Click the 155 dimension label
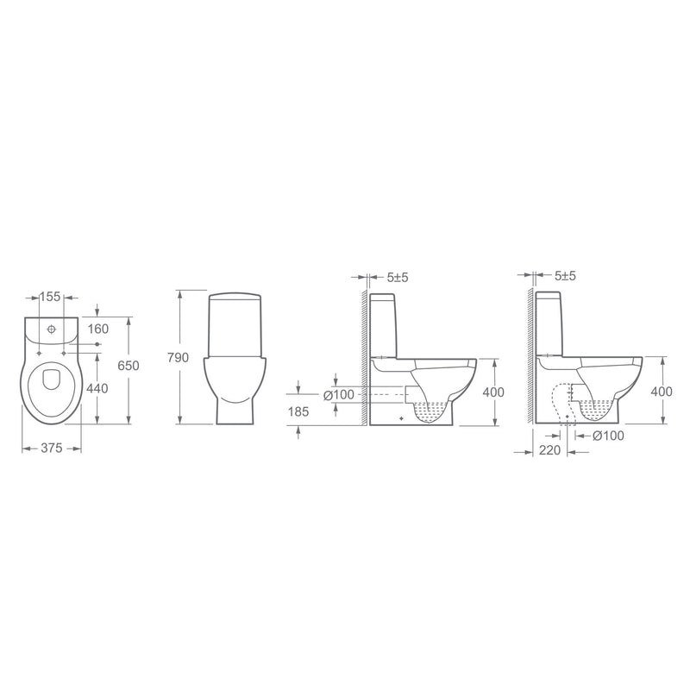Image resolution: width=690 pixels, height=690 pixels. click(50, 297)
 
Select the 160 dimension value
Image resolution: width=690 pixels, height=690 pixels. click(97, 329)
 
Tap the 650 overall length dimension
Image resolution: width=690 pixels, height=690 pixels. click(129, 366)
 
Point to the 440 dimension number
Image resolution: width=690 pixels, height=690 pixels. click(97, 389)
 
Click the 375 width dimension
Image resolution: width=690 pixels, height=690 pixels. click(52, 448)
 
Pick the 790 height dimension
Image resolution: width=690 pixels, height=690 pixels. click(178, 358)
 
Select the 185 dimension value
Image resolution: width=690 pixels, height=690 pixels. click(298, 412)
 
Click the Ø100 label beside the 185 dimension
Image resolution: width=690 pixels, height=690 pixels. click(339, 395)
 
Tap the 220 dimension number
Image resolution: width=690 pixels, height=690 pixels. click(549, 450)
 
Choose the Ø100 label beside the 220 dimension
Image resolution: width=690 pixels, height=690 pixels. click(609, 436)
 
